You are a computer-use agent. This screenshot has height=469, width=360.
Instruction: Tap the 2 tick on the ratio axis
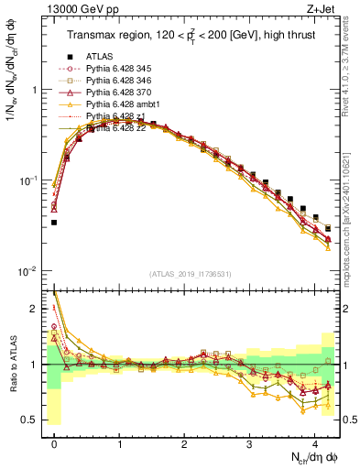point(34,310)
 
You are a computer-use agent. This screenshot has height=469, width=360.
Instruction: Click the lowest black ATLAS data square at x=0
point(54,222)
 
